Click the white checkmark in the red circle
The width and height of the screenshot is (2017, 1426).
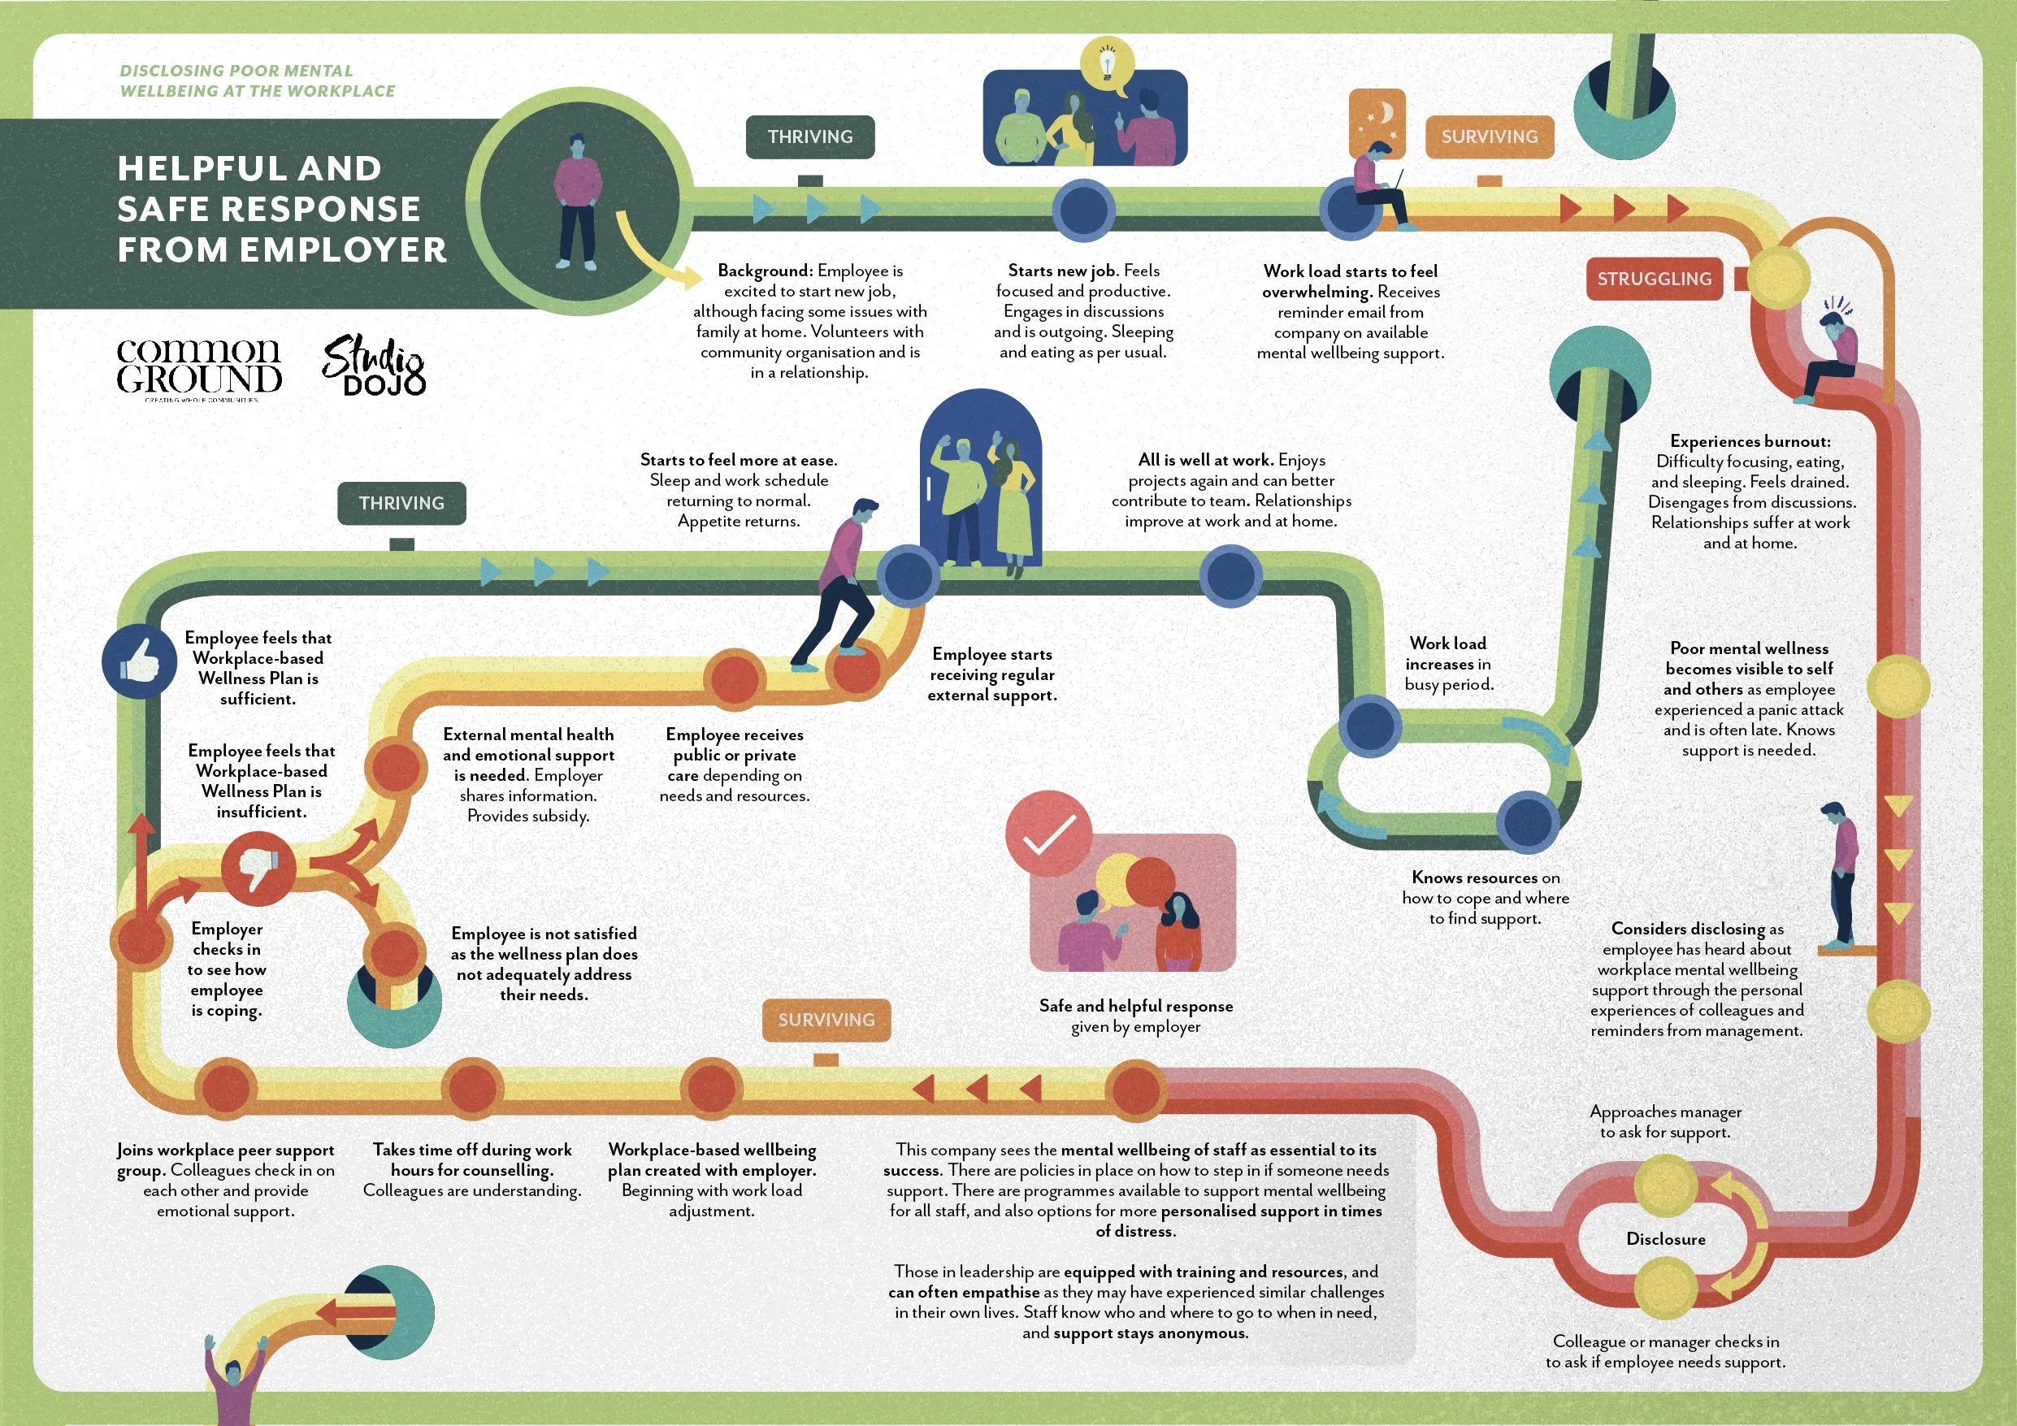(x=1049, y=834)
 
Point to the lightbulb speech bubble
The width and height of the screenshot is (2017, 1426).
(x=1108, y=65)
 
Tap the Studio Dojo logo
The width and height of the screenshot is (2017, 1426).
(x=375, y=366)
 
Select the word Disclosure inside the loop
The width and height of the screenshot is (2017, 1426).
(x=1666, y=1239)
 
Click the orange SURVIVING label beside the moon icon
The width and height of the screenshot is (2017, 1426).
(x=1489, y=137)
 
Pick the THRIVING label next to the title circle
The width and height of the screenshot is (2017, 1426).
(x=810, y=137)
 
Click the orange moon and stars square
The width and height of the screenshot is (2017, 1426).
(x=1377, y=121)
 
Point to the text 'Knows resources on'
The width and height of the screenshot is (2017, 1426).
(x=1486, y=877)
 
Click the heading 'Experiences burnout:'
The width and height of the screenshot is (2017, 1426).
(x=1750, y=441)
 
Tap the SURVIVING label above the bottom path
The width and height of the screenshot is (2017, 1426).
(x=826, y=1020)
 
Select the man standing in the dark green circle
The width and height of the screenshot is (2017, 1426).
(x=577, y=202)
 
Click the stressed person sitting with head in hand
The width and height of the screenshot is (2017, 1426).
(x=1832, y=352)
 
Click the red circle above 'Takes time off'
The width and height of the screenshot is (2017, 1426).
(x=472, y=1089)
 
